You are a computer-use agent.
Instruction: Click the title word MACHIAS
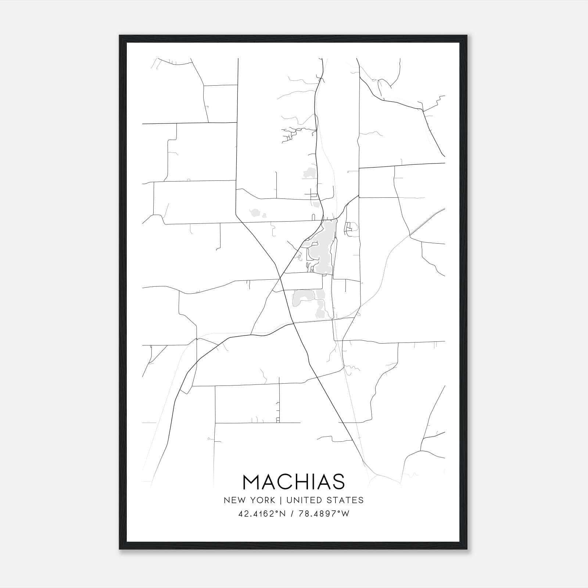[294, 482]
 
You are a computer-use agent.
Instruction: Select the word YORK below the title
[262, 500]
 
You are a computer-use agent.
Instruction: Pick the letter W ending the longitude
[345, 514]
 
